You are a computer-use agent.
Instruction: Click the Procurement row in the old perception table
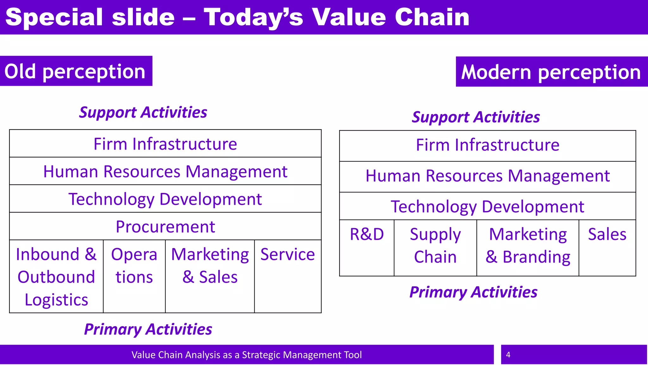click(165, 227)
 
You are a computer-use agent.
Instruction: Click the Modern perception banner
click(551, 72)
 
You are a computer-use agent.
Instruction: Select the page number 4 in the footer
click(508, 355)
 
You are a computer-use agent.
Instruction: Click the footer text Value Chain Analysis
click(246, 355)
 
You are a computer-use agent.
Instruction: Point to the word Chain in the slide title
click(432, 17)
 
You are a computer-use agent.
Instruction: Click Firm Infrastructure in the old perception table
click(165, 144)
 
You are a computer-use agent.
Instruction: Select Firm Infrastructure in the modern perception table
click(487, 145)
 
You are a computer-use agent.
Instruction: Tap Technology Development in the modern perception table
click(487, 207)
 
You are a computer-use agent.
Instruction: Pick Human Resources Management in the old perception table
click(165, 171)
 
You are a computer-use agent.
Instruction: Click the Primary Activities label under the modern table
click(473, 292)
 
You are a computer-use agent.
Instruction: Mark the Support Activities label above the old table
click(143, 112)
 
